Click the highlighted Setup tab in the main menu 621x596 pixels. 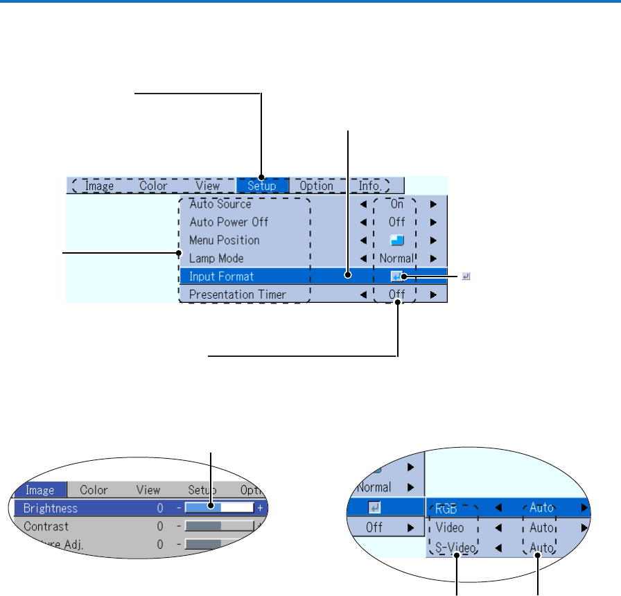[262, 186]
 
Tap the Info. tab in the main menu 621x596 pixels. [370, 186]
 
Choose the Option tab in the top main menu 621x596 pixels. [316, 186]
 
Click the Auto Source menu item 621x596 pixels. [220, 204]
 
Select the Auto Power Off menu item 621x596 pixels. [229, 222]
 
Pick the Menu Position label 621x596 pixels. [225, 240]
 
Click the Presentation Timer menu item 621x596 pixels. [238, 295]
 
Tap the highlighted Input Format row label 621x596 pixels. [222, 277]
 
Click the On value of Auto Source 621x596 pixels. [396, 204]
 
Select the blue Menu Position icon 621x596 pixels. [396, 240]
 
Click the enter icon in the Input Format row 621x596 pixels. [396, 277]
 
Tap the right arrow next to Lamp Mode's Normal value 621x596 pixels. [432, 258]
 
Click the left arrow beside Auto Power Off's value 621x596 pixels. [362, 222]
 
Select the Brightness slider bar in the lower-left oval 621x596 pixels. [219, 508]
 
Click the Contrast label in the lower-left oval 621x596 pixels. [46, 527]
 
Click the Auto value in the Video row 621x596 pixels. [541, 528]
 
